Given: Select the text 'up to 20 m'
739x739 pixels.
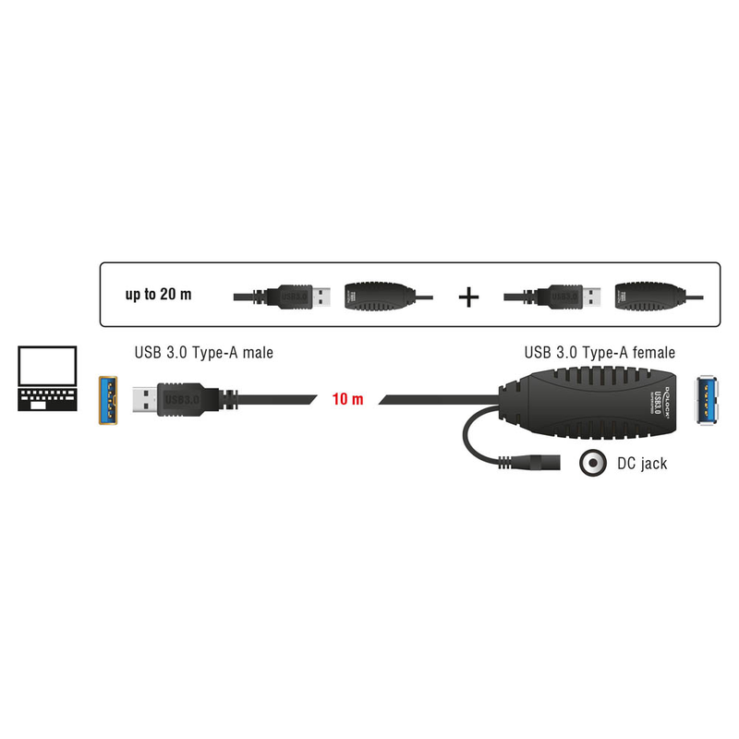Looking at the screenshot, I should [x=159, y=296].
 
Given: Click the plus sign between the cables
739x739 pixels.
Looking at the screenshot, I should [x=470, y=297].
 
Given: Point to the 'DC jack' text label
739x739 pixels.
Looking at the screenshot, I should [x=642, y=464].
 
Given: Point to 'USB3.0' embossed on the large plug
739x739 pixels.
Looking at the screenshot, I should [x=181, y=399].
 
